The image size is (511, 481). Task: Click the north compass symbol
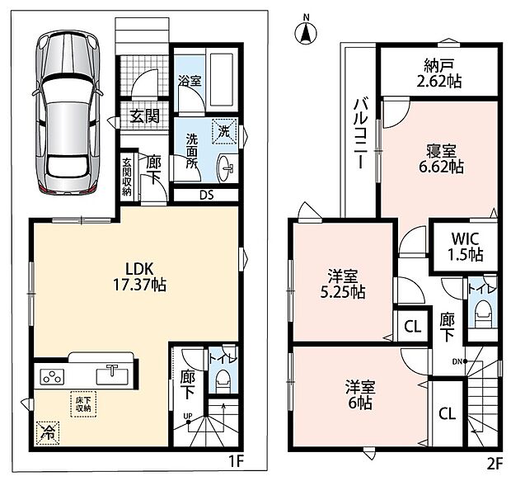[306, 31]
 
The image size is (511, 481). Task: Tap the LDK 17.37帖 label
[139, 276]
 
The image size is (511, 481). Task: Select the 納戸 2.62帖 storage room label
[439, 73]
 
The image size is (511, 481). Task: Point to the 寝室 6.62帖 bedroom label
[441, 159]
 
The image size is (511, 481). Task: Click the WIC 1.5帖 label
[465, 247]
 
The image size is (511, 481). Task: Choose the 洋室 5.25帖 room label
[343, 285]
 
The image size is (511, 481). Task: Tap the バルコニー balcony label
[360, 134]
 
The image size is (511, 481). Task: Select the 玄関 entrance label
[145, 116]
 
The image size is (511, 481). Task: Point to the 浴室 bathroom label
[190, 80]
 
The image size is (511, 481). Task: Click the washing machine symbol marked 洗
[224, 131]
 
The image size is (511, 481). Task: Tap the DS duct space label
[207, 196]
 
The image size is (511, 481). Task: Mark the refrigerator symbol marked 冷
[49, 431]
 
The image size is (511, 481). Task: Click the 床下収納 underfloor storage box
[83, 403]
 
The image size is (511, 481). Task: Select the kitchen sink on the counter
[112, 375]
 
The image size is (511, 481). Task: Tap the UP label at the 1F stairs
[188, 416]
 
